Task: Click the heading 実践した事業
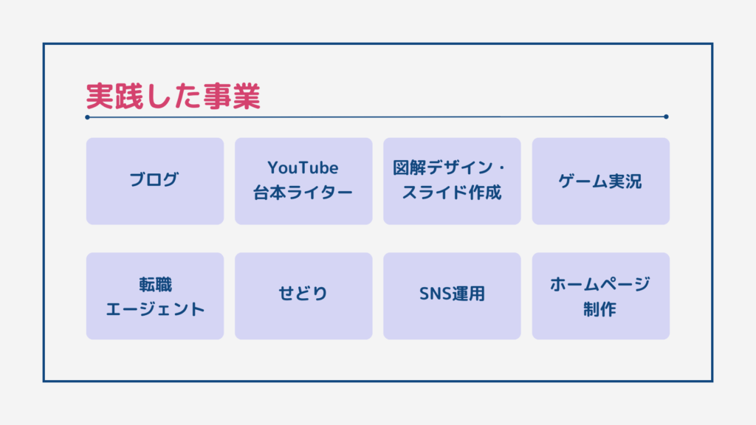[x=173, y=96]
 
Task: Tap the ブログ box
[x=155, y=182]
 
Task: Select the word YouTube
[x=303, y=167]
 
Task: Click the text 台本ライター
[x=303, y=193]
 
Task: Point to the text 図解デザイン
[x=443, y=167]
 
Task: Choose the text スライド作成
[x=452, y=193]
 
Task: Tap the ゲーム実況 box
[x=601, y=182]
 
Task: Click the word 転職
[x=155, y=284]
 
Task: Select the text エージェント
[x=155, y=309]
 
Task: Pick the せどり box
[x=303, y=296]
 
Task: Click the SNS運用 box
[x=452, y=296]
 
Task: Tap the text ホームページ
[x=600, y=284]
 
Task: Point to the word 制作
[x=599, y=309]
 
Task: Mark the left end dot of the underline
[x=87, y=117]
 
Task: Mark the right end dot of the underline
[x=666, y=117]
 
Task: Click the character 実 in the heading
[x=100, y=96]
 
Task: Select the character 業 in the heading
[x=247, y=96]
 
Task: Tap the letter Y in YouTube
[x=273, y=167]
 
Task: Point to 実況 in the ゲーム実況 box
[x=625, y=182]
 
